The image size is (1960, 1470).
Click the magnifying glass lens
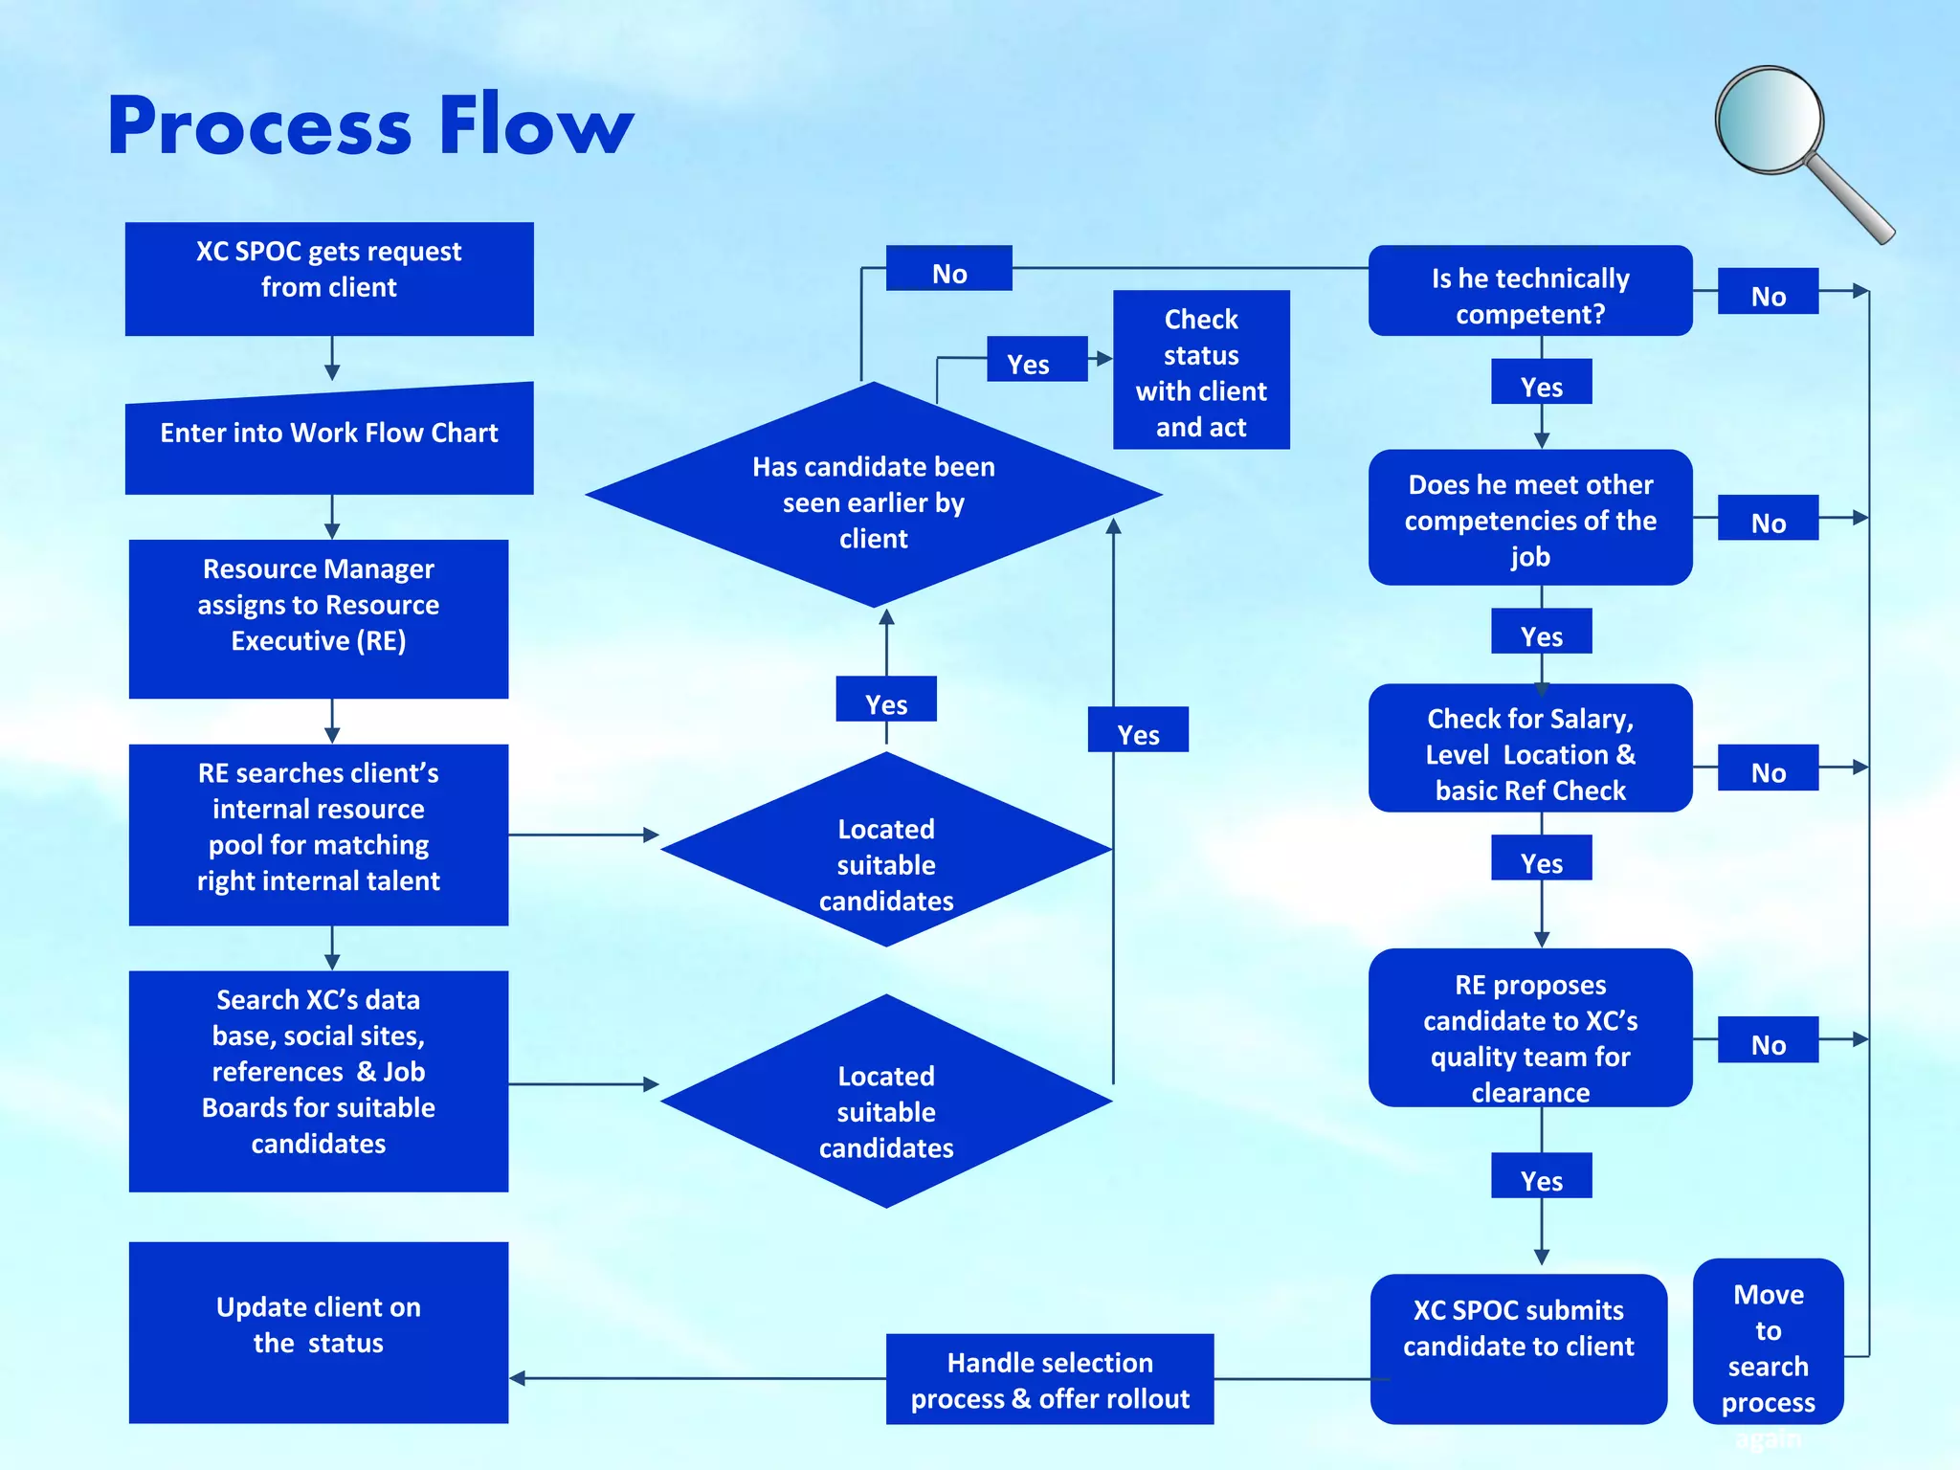click(x=1769, y=120)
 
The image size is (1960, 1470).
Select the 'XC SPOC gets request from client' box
click(x=329, y=278)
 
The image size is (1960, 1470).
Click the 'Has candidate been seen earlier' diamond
click(x=873, y=498)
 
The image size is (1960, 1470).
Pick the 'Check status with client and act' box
click(x=1201, y=370)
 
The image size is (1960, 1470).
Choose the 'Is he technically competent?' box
click(x=1529, y=291)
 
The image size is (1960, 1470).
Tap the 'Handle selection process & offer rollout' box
click(x=1049, y=1379)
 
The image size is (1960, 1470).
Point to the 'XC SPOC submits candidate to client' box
click(x=1518, y=1347)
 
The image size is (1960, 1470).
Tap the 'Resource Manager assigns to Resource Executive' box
click(x=319, y=618)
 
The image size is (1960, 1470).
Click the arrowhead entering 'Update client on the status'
click(x=518, y=1378)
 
